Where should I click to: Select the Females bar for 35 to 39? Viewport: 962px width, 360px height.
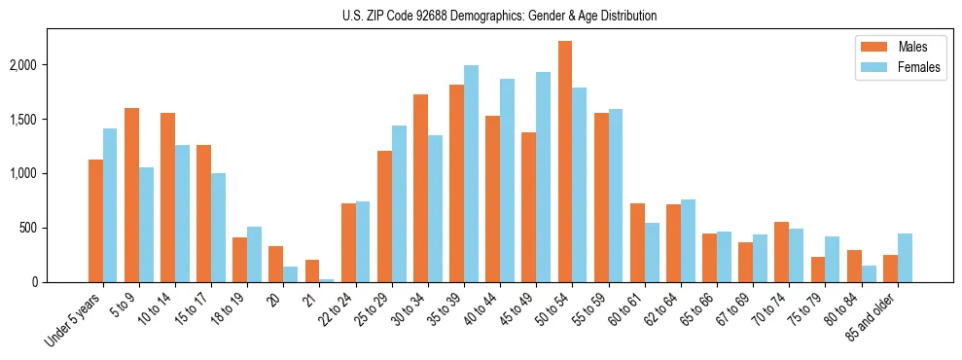(x=471, y=174)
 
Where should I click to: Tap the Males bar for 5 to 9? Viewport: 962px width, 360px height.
(x=131, y=195)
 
